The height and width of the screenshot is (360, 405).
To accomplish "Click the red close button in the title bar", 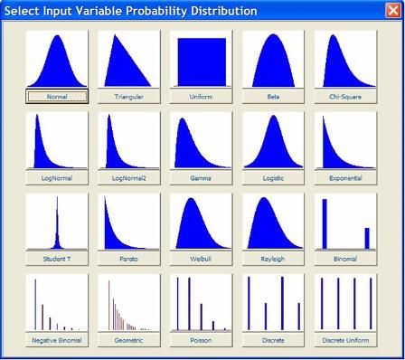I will click(x=392, y=11).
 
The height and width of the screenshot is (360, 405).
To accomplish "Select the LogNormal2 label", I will click(x=128, y=178).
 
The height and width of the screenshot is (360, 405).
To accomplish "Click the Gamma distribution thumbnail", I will click(x=201, y=141).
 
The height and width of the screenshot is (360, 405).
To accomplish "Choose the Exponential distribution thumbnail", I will click(x=345, y=141).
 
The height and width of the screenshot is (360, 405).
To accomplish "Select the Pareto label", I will click(x=128, y=259).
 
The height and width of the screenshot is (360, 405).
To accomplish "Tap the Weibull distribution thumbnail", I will click(x=201, y=223).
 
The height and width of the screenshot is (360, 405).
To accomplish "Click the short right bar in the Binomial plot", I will click(x=367, y=237).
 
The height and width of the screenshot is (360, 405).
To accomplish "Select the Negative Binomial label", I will click(x=57, y=340).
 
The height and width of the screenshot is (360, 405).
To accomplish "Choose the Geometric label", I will click(x=128, y=340).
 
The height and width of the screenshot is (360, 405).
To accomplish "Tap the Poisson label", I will click(x=201, y=340).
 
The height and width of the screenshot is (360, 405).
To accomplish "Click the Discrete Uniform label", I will click(x=345, y=340).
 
